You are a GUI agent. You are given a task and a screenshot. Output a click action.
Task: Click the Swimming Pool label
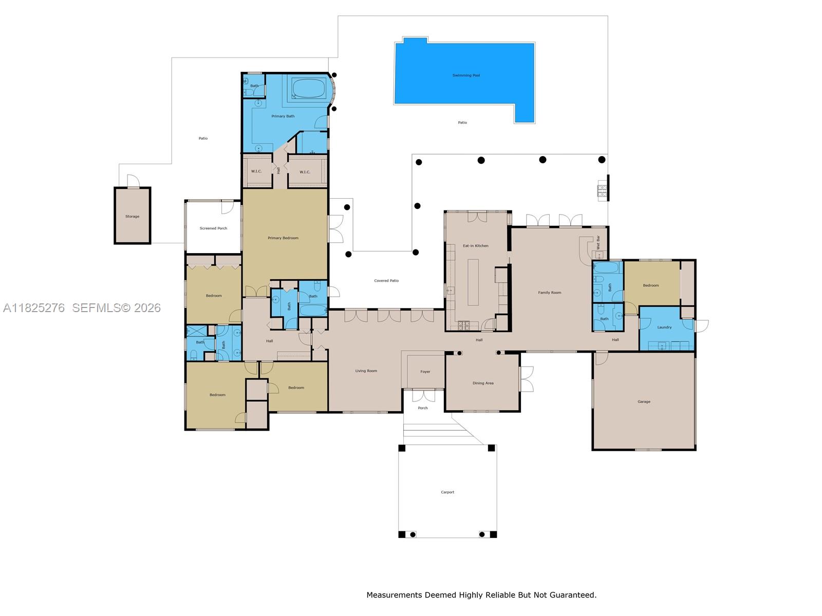tap(466, 75)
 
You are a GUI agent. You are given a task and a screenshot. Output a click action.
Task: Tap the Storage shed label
tap(132, 217)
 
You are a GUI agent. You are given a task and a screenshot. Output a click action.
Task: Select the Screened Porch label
tap(213, 228)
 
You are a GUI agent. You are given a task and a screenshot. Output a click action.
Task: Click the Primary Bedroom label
tap(283, 238)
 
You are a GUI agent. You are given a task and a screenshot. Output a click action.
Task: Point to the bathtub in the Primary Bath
tap(309, 88)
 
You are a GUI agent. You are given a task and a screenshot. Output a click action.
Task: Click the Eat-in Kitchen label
tap(475, 246)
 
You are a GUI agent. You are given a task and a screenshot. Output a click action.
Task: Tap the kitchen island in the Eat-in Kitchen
tap(473, 282)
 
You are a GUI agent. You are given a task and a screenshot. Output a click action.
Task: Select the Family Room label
tap(549, 293)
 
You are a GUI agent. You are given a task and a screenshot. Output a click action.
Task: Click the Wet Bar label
tap(598, 242)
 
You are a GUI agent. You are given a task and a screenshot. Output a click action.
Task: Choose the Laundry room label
tap(664, 328)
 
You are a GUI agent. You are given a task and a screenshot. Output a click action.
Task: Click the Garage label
tap(644, 402)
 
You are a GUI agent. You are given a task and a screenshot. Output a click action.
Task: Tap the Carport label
tap(447, 492)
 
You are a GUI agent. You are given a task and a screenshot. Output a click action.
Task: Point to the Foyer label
tap(425, 372)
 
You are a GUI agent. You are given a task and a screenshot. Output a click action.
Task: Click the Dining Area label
tap(482, 383)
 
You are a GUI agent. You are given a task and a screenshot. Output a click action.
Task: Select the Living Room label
tap(366, 371)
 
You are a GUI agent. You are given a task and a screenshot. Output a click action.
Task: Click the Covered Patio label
tap(386, 281)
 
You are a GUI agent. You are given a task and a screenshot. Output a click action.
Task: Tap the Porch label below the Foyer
tap(422, 408)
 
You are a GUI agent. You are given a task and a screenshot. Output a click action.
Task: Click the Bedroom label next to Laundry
tap(650, 285)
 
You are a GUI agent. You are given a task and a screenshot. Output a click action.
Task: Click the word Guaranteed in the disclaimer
tap(573, 595)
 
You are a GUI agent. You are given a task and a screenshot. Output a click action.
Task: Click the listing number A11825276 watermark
tap(34, 308)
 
